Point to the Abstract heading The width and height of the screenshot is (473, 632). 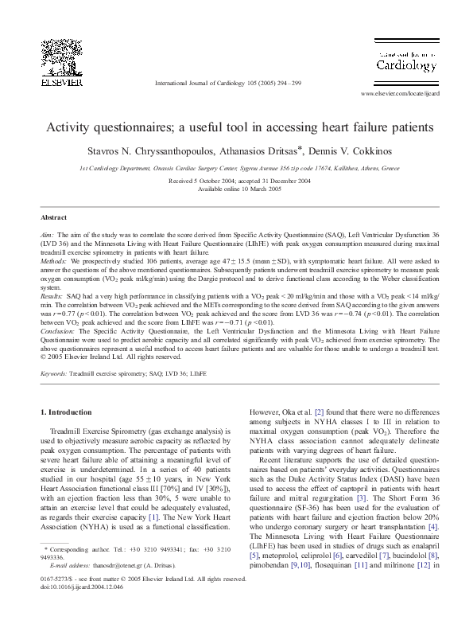tap(52, 217)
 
